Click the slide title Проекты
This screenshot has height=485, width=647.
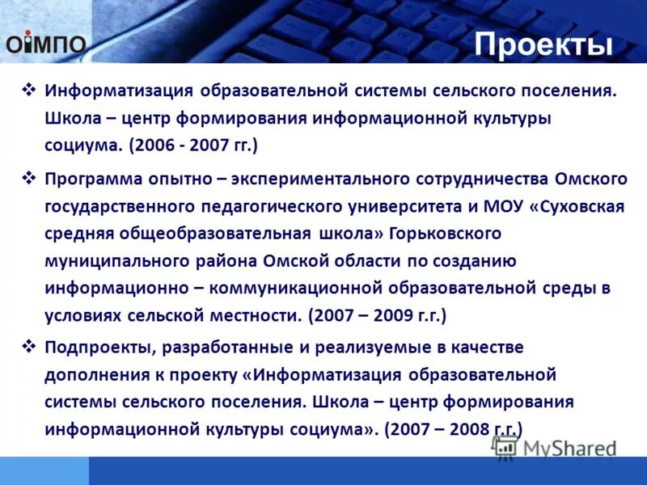coord(543,44)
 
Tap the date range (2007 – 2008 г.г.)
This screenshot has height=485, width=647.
coord(454,429)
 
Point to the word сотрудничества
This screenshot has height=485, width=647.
coord(488,178)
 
